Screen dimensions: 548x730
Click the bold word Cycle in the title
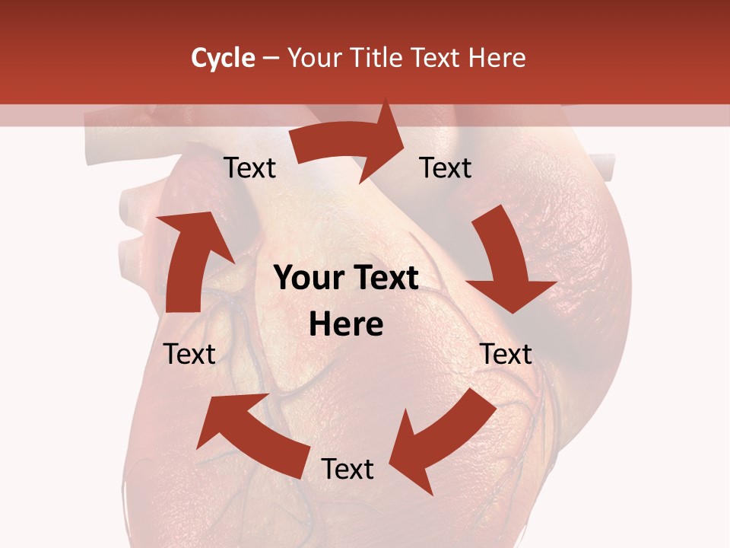click(x=223, y=58)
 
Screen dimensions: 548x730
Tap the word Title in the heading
click(x=379, y=58)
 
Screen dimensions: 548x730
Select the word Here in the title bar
click(x=497, y=58)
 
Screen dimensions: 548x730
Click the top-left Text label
click(x=249, y=168)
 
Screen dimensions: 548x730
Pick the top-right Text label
click(x=446, y=168)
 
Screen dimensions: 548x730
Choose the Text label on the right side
click(x=506, y=354)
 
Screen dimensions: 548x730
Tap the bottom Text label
click(x=348, y=470)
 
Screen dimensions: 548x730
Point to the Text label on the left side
click(x=189, y=354)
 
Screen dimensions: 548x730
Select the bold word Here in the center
click(x=346, y=325)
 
